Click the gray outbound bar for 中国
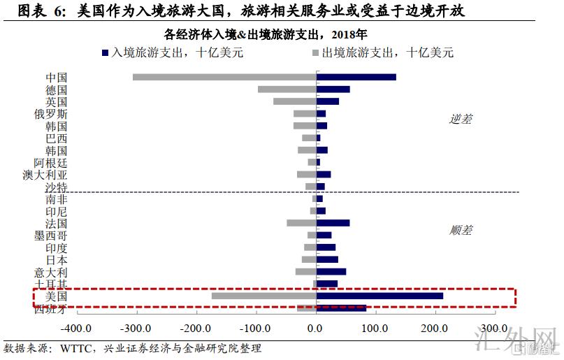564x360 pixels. click(x=224, y=77)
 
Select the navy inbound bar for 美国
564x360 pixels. click(x=379, y=296)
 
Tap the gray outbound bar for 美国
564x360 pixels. click(x=263, y=296)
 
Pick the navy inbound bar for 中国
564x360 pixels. click(x=356, y=77)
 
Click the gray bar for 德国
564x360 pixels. click(x=287, y=89)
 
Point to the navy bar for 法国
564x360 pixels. click(x=333, y=223)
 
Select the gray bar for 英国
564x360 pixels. click(x=294, y=101)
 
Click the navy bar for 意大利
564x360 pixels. click(x=331, y=272)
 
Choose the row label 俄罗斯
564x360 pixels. click(x=51, y=114)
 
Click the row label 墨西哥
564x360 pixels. click(x=51, y=236)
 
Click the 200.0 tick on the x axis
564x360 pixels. click(x=435, y=328)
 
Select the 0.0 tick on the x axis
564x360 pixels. click(x=316, y=328)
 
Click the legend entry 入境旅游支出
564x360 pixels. click(x=176, y=52)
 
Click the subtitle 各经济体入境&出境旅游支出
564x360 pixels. click(x=265, y=34)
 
